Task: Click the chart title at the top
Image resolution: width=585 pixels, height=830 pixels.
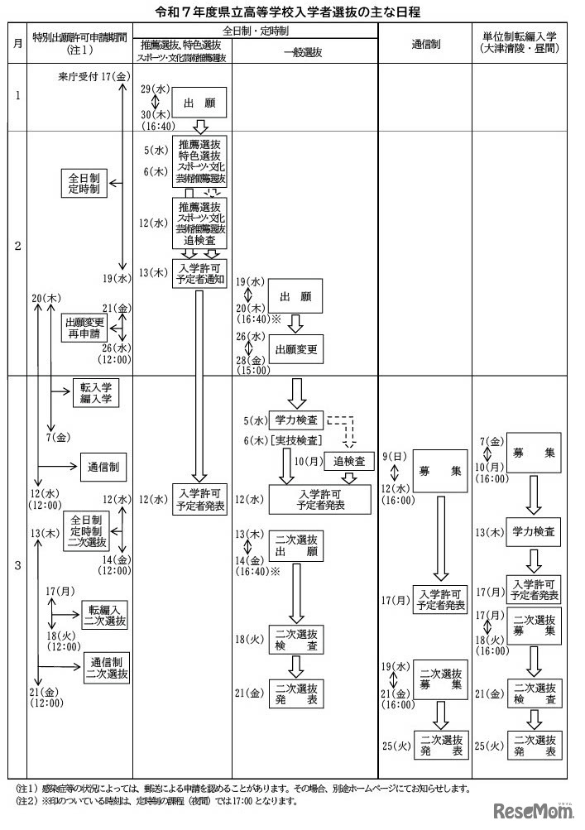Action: point(292,12)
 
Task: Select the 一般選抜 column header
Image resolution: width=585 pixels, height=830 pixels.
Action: point(305,50)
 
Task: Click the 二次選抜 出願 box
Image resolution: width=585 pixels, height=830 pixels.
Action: point(296,545)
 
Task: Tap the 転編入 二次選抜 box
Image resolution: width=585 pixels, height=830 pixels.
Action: point(107,617)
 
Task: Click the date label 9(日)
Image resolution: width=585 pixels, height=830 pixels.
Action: point(391,456)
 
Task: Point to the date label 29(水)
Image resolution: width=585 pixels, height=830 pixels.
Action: point(151,88)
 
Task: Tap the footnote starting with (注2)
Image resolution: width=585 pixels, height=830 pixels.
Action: point(157,801)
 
